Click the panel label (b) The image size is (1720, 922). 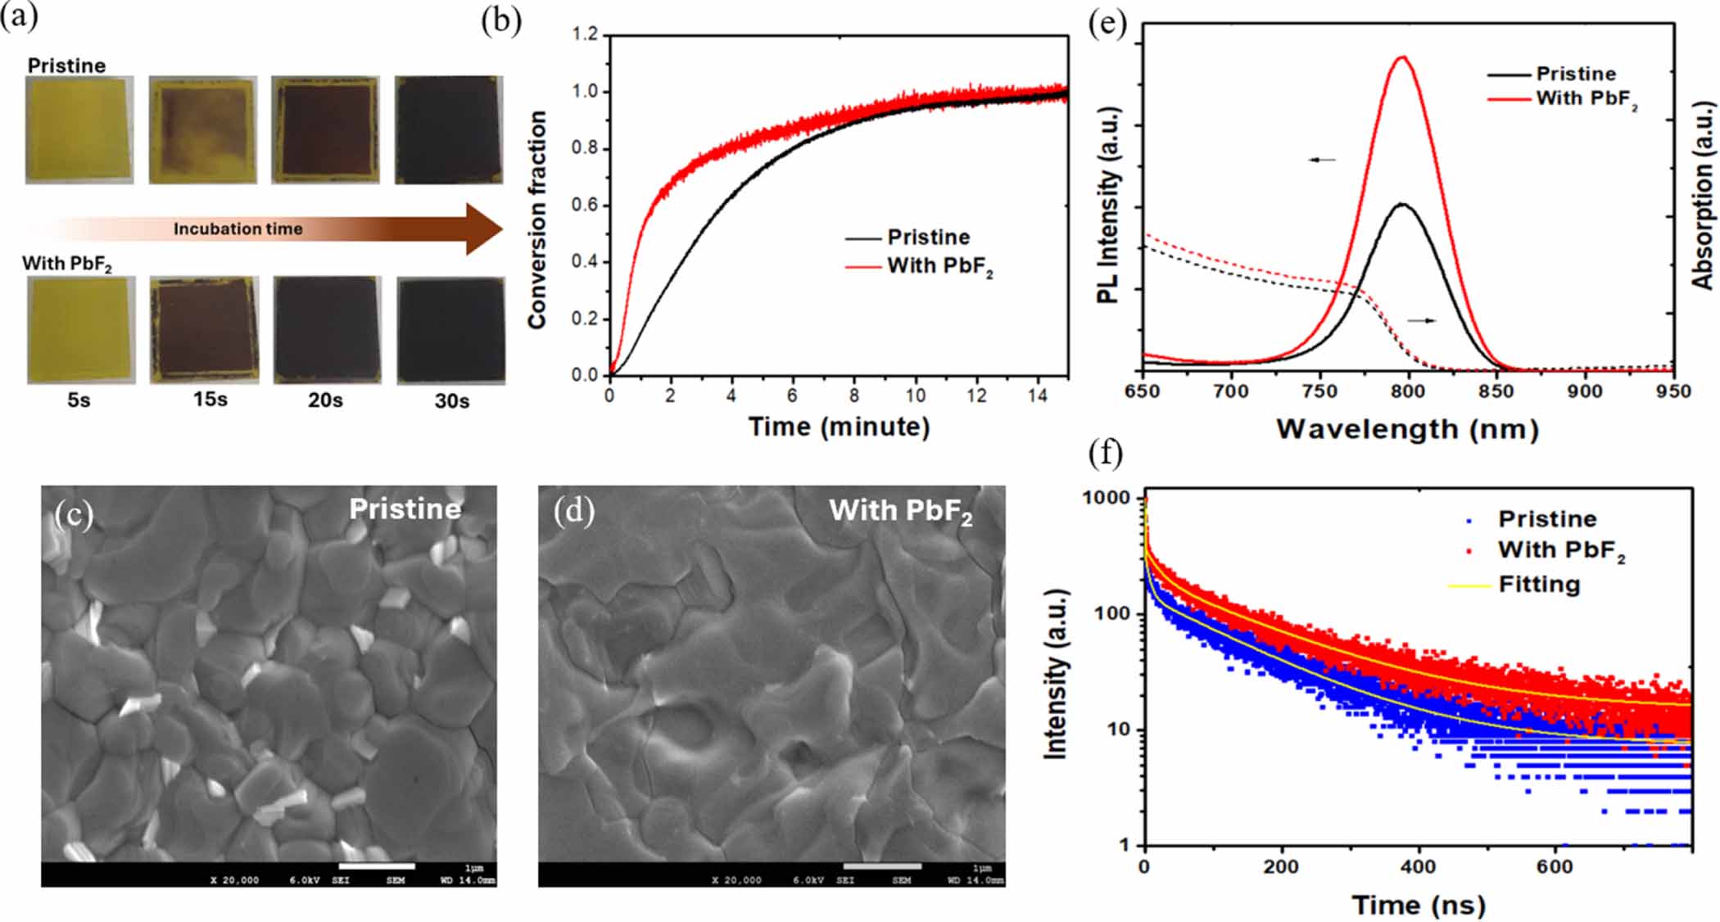pos(501,21)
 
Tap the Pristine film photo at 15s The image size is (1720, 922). pos(203,129)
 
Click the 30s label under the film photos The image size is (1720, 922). pos(451,401)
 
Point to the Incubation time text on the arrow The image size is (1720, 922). pos(238,229)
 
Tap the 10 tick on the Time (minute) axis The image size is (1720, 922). pos(915,395)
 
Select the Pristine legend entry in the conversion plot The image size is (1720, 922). pos(928,237)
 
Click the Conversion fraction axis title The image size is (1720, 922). pos(537,221)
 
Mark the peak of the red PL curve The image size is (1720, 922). pos(1403,57)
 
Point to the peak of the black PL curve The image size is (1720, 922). pos(1402,204)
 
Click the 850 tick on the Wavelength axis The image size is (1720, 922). pos(1496,391)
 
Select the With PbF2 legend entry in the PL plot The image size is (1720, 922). pos(1585,99)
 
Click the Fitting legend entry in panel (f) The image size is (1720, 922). pos(1538,585)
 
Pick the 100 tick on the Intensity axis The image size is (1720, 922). pos(1111,613)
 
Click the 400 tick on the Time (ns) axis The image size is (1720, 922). pos(1418,867)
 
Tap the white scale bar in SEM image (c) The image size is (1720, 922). pos(377,866)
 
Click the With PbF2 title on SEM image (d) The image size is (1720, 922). pos(899,511)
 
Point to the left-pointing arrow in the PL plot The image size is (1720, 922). pos(1322,160)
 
